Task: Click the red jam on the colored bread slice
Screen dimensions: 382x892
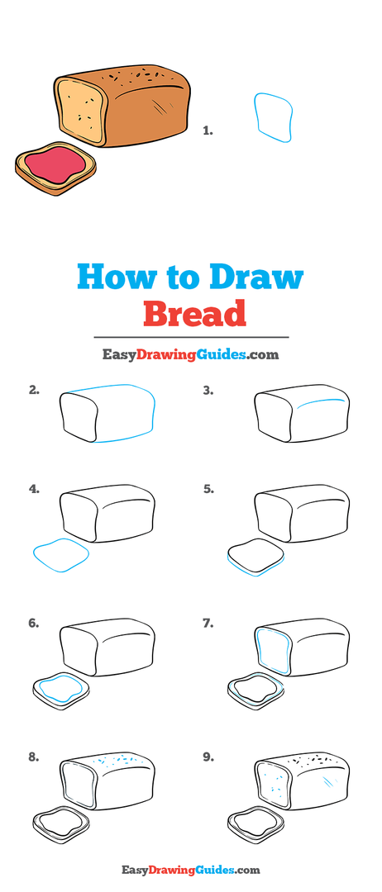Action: (x=55, y=164)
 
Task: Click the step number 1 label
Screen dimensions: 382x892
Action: (x=208, y=130)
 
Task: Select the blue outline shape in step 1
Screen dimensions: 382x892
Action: (x=274, y=117)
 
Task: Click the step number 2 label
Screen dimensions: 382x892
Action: (x=34, y=390)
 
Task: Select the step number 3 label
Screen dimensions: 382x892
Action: (x=208, y=390)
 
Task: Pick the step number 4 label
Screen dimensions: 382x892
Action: (x=34, y=489)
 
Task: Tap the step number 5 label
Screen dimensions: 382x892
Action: (x=208, y=489)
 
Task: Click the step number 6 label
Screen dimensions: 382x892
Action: (x=34, y=623)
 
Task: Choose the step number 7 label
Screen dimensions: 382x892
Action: (x=208, y=623)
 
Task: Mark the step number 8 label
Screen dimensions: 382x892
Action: (x=34, y=757)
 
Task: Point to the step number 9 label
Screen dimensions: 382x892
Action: (x=208, y=757)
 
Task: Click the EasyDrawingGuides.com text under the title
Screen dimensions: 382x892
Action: (x=191, y=355)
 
